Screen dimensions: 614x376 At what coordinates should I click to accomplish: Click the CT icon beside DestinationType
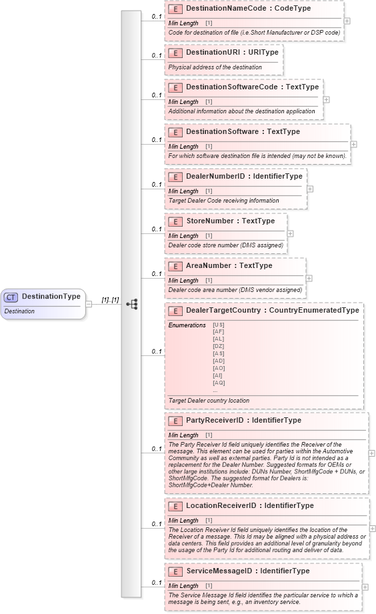tap(11, 297)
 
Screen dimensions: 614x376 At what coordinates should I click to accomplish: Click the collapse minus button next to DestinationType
tap(89, 304)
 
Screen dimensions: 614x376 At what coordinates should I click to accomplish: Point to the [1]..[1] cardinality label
tap(110, 300)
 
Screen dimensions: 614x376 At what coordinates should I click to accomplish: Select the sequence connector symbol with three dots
tap(131, 304)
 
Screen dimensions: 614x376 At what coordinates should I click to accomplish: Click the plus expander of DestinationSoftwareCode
tap(326, 99)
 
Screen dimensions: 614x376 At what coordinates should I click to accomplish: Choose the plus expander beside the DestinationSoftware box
tap(353, 144)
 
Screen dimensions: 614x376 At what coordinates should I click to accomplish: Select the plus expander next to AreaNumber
tap(309, 278)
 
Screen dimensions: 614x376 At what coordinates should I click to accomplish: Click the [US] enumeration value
tap(218, 324)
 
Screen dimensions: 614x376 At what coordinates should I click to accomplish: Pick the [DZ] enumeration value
tap(218, 346)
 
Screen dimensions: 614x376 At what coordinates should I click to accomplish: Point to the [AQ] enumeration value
tap(218, 383)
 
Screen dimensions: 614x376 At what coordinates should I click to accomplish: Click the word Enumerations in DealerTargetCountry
tap(187, 325)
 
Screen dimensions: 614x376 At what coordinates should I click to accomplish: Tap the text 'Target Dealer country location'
tap(209, 401)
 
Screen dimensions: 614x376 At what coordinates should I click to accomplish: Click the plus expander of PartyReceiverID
tap(371, 453)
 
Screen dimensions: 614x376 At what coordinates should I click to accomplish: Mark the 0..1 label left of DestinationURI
tap(156, 56)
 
